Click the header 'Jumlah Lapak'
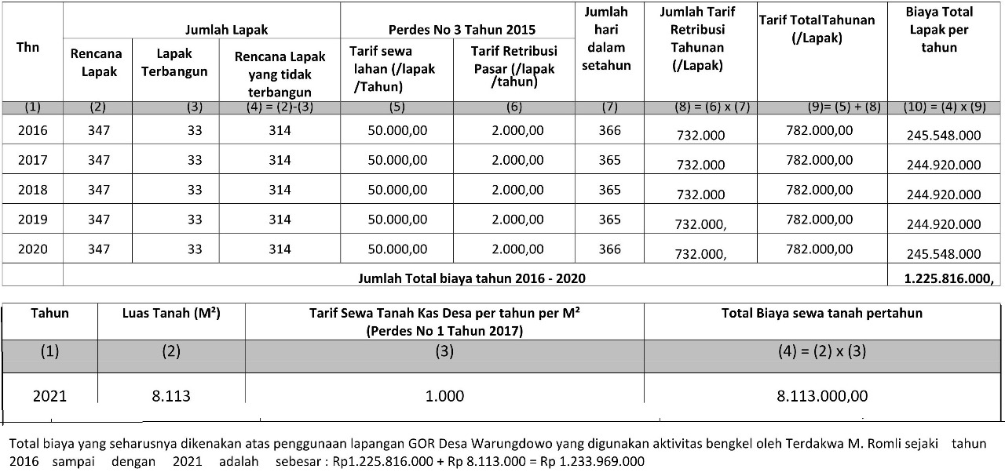pos(226,30)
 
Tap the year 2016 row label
pos(33,130)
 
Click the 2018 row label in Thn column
pos(33,190)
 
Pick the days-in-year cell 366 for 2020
pos(609,249)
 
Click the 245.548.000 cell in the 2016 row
pos(943,135)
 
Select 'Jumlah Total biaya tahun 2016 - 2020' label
pos(471,278)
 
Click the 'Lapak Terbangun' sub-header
pos(174,62)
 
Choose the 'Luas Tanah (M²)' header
pos(171,313)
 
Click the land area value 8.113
pos(171,396)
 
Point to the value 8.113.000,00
pos(822,396)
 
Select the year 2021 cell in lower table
pos(49,396)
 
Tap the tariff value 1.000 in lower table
pos(444,396)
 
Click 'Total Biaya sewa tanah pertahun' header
pos(822,313)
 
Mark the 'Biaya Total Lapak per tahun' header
pos(938,30)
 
